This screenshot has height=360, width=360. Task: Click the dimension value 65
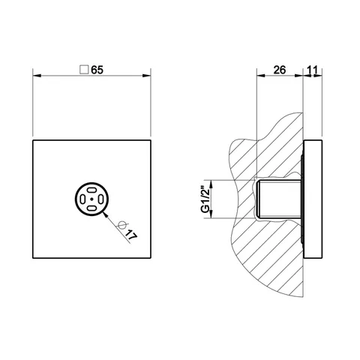(97, 70)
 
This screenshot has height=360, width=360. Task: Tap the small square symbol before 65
(84, 70)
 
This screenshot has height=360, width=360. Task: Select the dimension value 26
(280, 70)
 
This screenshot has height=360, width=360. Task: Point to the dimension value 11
(312, 70)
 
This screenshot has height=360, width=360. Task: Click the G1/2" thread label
(205, 199)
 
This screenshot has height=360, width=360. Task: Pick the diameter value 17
(131, 235)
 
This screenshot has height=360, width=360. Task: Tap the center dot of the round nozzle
(91, 199)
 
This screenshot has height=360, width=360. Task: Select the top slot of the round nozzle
(91, 190)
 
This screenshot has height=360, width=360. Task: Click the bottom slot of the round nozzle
(91, 208)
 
